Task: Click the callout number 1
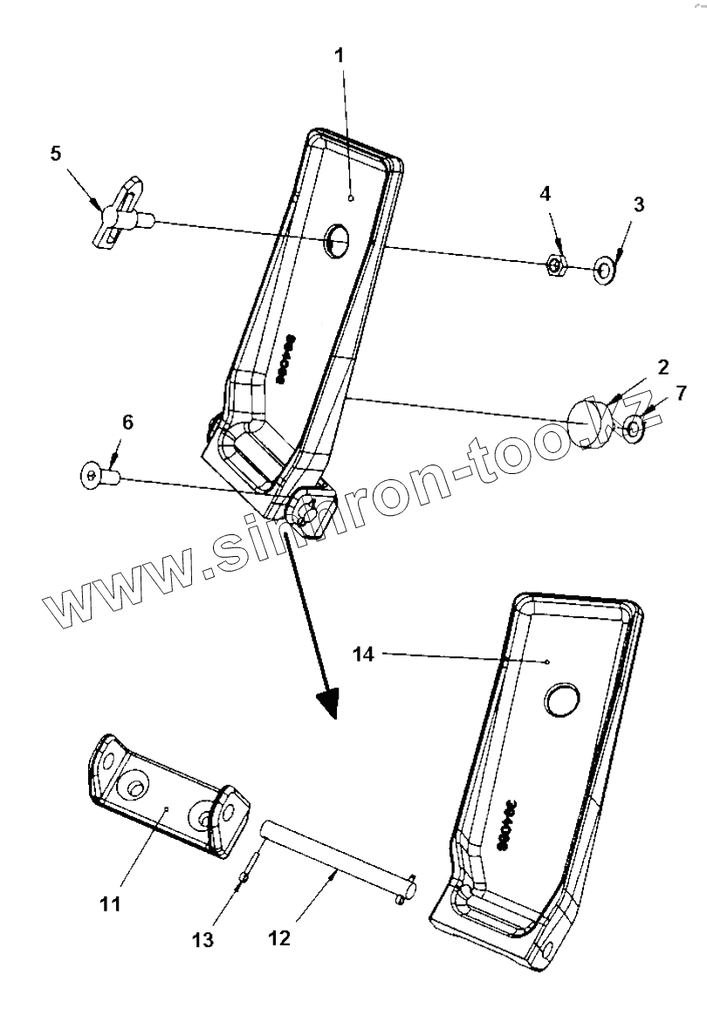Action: pyautogui.click(x=340, y=56)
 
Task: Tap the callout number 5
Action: pyautogui.click(x=56, y=155)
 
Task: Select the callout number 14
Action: pyautogui.click(x=364, y=654)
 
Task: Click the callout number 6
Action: pyautogui.click(x=128, y=423)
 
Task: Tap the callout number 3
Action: pyautogui.click(x=638, y=204)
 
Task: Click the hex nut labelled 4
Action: pyautogui.click(x=555, y=265)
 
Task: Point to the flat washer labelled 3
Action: pyautogui.click(x=601, y=270)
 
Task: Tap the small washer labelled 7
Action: pyautogui.click(x=635, y=426)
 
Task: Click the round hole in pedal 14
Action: pyautogui.click(x=561, y=700)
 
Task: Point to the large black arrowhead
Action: pyautogui.click(x=327, y=700)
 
